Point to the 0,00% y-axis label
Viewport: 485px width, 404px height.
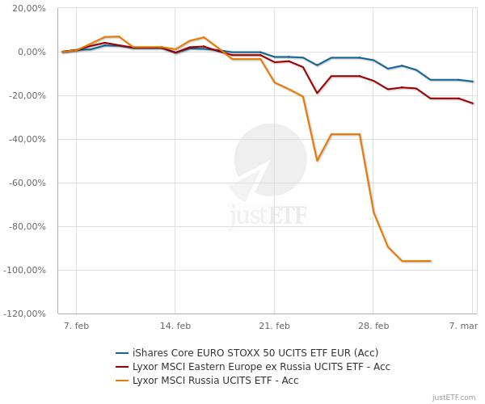[32, 53]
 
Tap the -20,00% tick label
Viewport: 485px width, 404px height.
[28, 96]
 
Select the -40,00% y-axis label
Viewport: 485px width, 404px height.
[28, 140]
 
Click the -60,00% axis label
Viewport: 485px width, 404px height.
[28, 183]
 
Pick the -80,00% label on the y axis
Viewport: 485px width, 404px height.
[28, 227]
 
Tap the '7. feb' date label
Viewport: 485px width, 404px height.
[76, 326]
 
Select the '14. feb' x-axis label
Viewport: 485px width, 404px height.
[175, 326]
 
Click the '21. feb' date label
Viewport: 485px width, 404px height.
[274, 326]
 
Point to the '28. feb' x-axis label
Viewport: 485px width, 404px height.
[373, 326]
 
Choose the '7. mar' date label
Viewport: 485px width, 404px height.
[464, 326]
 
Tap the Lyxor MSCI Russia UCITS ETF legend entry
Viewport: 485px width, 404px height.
[215, 380]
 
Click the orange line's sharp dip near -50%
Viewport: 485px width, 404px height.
[317, 161]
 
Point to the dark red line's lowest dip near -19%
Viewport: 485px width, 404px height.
[317, 93]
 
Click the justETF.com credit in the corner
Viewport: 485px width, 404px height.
[454, 397]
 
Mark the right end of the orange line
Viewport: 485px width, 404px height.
[431, 261]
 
